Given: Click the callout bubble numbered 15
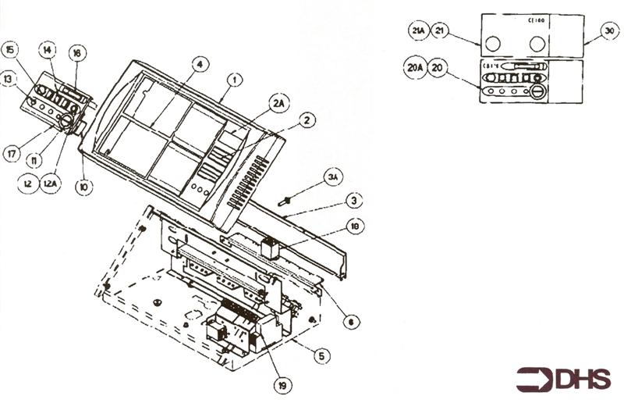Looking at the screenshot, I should [x=10, y=50].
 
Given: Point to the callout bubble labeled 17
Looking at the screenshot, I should [x=12, y=155].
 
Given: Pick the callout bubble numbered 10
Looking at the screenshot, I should [x=82, y=187].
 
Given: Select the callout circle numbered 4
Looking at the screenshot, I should [x=200, y=64].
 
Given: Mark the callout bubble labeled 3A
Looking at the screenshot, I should [x=334, y=179].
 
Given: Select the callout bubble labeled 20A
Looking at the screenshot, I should [x=414, y=67].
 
